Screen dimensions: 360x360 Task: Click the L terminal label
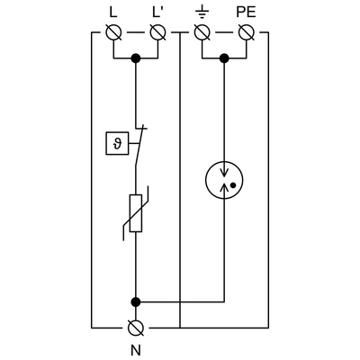pyautogui.click(x=113, y=13)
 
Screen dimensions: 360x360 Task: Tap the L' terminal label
pyautogui.click(x=158, y=13)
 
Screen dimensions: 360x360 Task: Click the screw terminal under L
pyautogui.click(x=113, y=35)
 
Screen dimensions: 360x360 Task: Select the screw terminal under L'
pyautogui.click(x=158, y=35)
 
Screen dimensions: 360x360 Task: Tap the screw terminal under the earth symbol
pyautogui.click(x=202, y=35)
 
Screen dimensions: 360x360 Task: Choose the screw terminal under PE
pyautogui.click(x=247, y=35)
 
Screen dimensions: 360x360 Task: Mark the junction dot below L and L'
pyautogui.click(x=136, y=59)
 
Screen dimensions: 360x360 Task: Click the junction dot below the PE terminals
pyautogui.click(x=224, y=59)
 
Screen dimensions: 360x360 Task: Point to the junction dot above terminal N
pyautogui.click(x=136, y=301)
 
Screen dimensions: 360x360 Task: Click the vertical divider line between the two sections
pyautogui.click(x=180, y=180)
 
